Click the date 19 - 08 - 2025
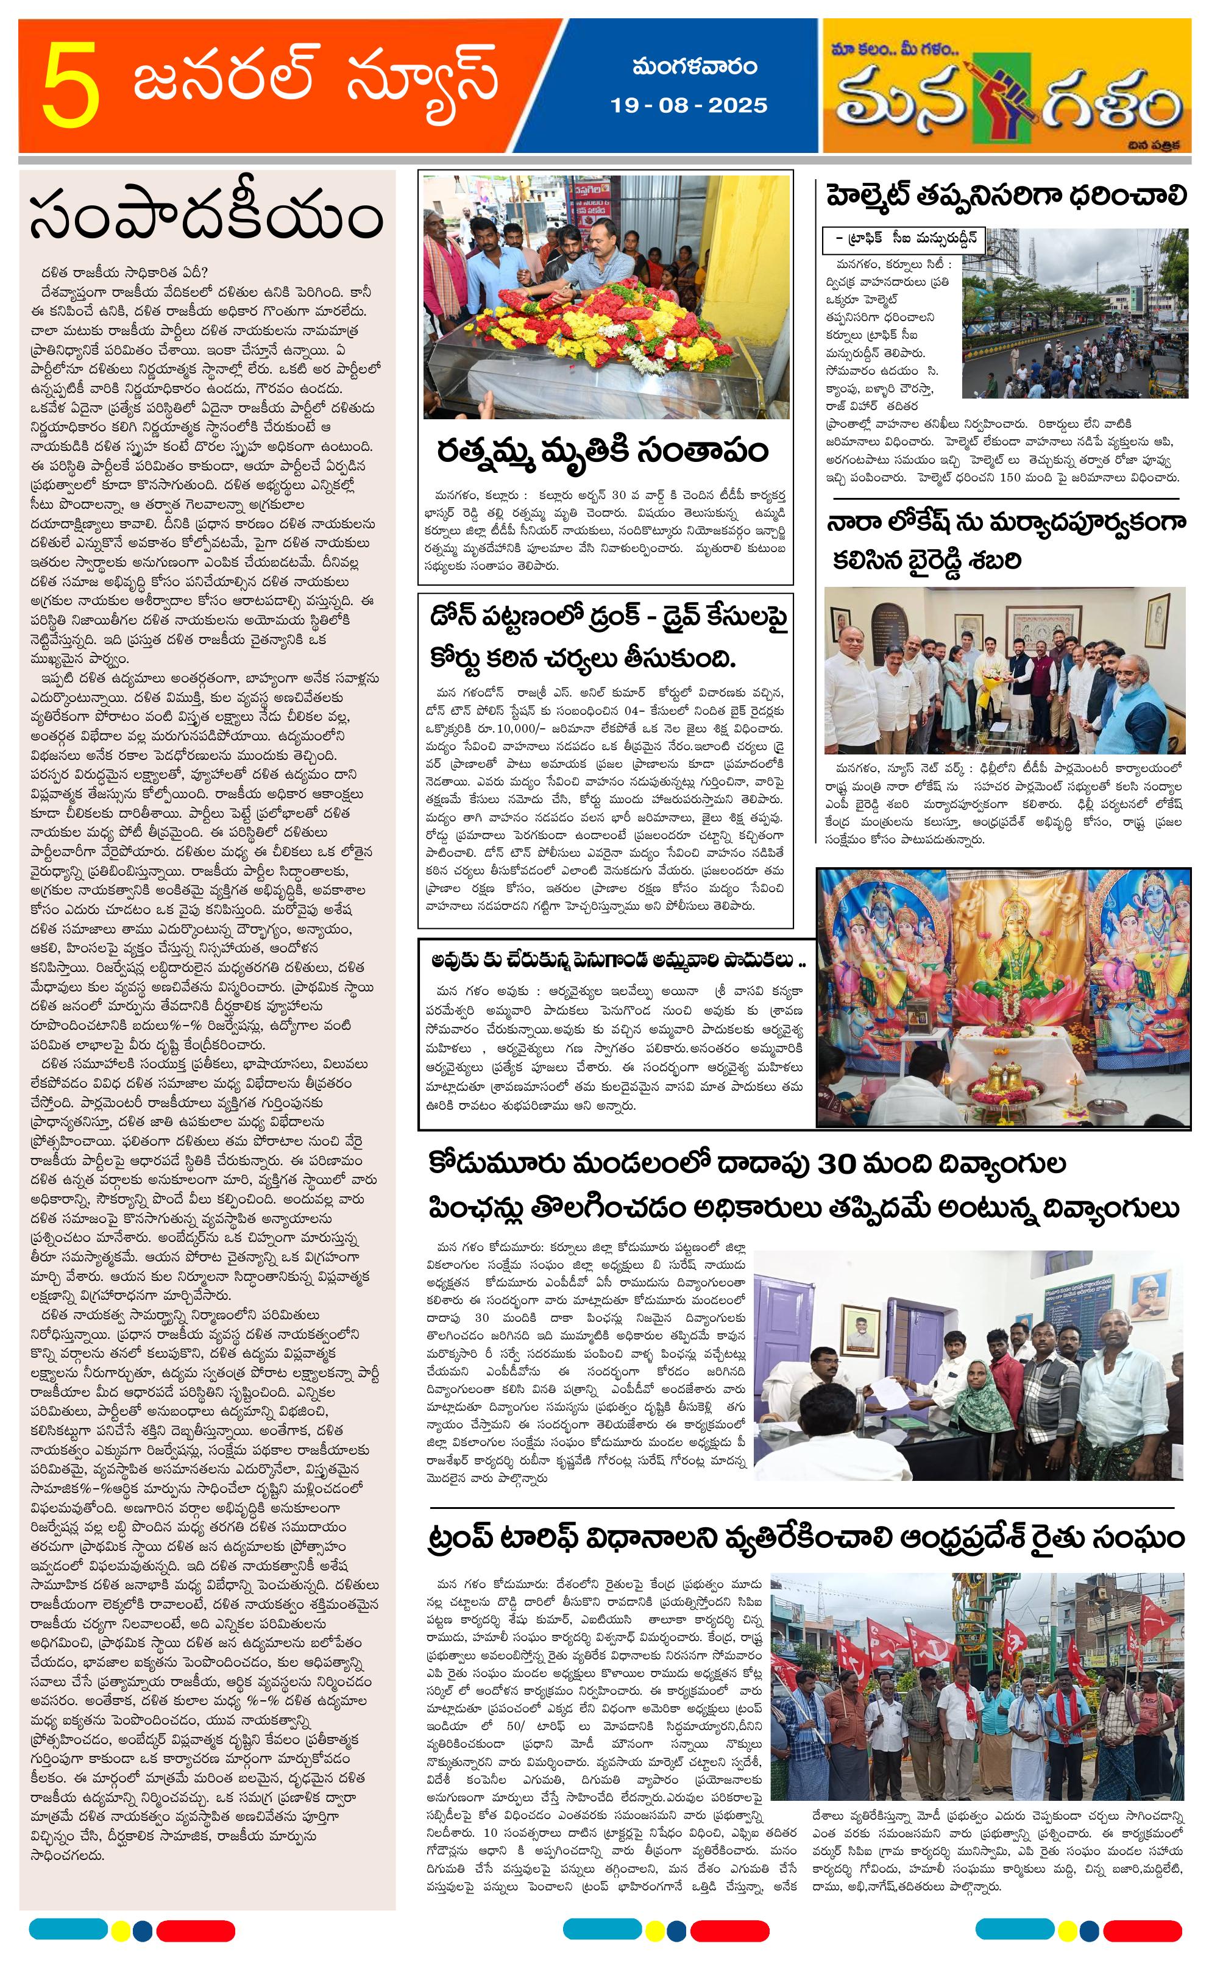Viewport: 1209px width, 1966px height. [x=689, y=105]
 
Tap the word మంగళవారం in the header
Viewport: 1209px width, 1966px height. [x=694, y=67]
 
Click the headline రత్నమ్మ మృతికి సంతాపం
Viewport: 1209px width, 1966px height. [x=601, y=450]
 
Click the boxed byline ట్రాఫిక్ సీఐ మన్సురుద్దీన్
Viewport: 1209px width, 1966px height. [x=904, y=239]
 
